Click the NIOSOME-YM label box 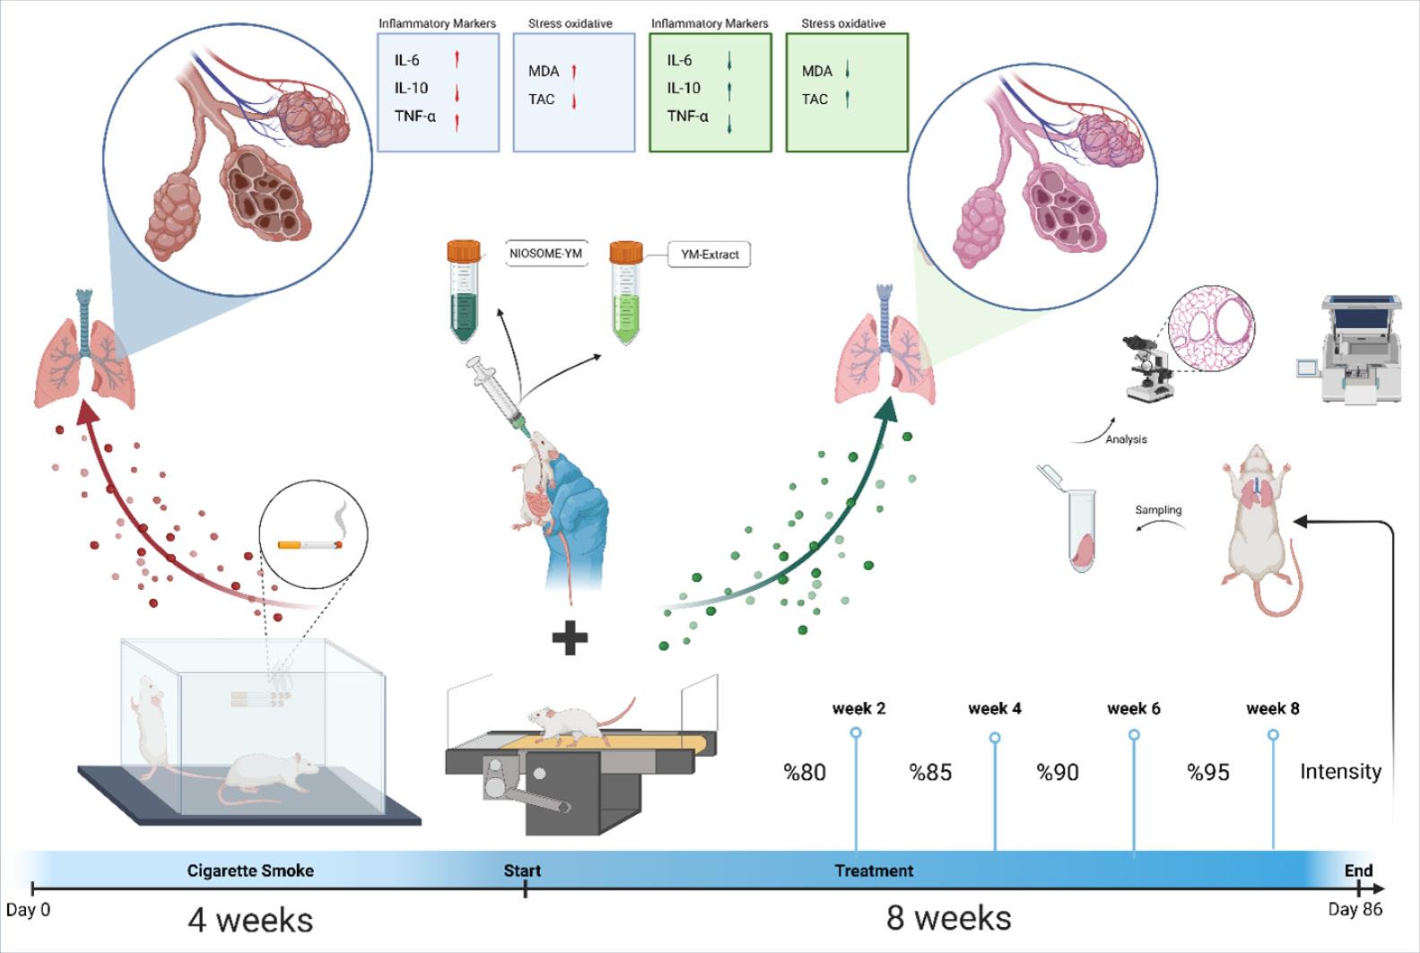(x=546, y=254)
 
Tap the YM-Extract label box (x=710, y=255)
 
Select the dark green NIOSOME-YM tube (x=464, y=290)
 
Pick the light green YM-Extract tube (x=626, y=293)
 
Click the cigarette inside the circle (x=310, y=544)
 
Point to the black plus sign (x=570, y=637)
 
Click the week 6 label (x=1134, y=708)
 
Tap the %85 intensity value (x=930, y=773)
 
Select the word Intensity (x=1341, y=772)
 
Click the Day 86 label (x=1355, y=909)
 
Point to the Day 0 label (x=28, y=910)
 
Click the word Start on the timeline (x=522, y=871)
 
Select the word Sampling (x=1158, y=509)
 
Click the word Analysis (x=1126, y=439)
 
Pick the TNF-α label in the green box (x=687, y=116)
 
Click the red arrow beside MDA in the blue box (x=574, y=72)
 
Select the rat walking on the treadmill (x=577, y=722)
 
